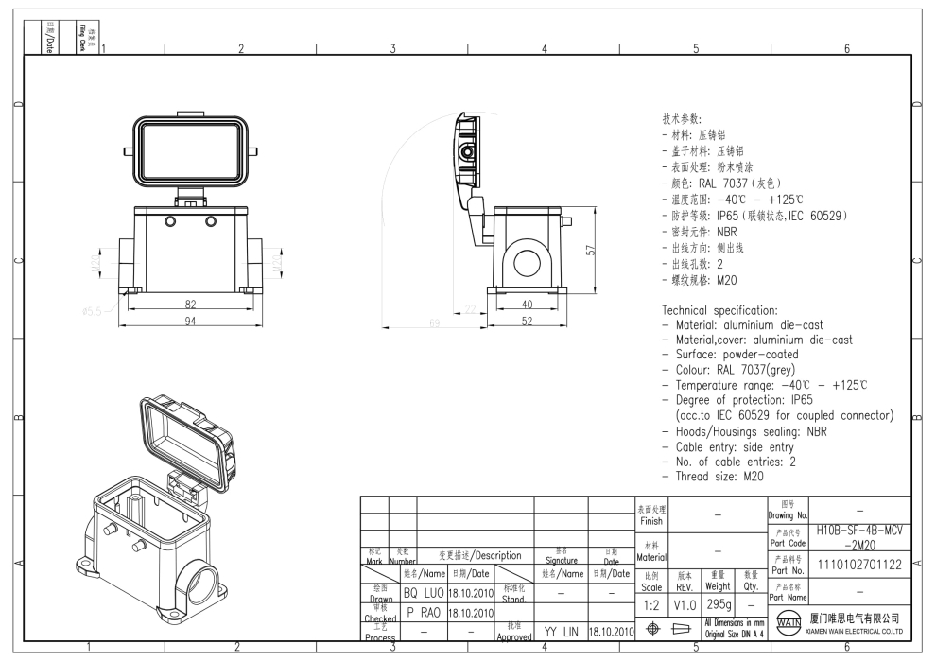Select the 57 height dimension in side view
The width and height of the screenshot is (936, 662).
pyautogui.click(x=590, y=250)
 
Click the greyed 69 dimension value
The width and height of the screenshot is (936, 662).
pyautogui.click(x=435, y=323)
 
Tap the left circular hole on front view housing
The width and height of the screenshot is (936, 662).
pyautogui.click(x=170, y=220)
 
